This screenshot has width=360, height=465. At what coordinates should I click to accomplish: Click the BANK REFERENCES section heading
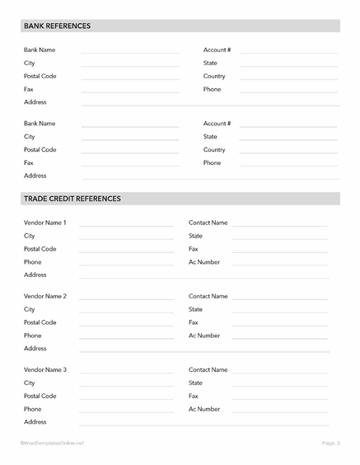click(x=57, y=26)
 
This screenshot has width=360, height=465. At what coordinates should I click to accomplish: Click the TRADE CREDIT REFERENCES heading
click(x=72, y=199)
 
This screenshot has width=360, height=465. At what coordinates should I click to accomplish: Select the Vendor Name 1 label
click(x=45, y=223)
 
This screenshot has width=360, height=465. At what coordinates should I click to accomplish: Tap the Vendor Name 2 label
click(x=45, y=296)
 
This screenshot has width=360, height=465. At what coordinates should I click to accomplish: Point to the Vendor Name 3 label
click(x=45, y=370)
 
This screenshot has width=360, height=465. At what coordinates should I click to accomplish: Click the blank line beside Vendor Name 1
click(x=126, y=225)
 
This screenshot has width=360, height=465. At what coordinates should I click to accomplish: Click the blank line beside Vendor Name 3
click(x=126, y=373)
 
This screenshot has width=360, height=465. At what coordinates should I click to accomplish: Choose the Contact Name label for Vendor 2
click(x=208, y=296)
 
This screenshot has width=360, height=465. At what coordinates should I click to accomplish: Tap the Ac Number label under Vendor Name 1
click(x=204, y=262)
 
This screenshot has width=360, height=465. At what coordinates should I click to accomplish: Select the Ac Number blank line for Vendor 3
click(x=279, y=411)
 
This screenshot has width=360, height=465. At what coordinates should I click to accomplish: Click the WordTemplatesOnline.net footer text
click(x=52, y=444)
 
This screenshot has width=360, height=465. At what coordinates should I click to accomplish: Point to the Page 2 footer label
click(x=330, y=444)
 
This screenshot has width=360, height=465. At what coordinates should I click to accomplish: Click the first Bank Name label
click(x=40, y=50)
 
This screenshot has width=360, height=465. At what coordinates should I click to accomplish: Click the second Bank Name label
click(x=40, y=124)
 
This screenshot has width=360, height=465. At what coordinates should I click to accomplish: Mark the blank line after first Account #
click(x=288, y=53)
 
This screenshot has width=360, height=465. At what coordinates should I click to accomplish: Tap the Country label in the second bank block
click(x=214, y=150)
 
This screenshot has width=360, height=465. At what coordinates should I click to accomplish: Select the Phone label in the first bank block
click(x=212, y=89)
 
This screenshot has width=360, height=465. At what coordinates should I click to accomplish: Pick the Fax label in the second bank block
click(x=29, y=163)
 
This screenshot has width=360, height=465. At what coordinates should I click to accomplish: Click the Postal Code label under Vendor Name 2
click(x=40, y=322)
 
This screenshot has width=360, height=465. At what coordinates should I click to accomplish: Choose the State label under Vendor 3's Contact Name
click(x=195, y=383)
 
